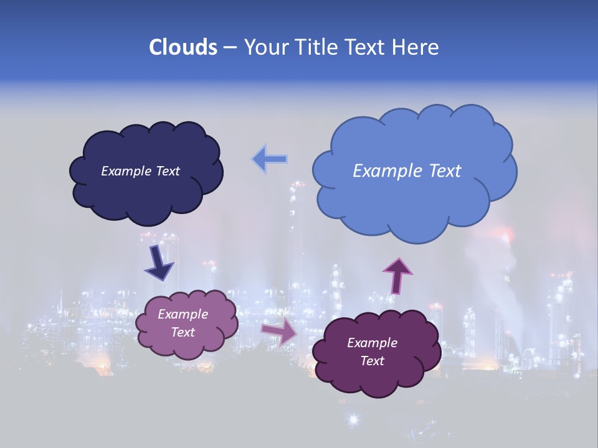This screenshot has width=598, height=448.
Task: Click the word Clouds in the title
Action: [183, 47]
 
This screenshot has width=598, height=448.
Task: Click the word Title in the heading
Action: [316, 47]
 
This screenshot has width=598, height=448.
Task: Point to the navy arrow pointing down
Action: [159, 263]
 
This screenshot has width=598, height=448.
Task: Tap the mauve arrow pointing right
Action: [278, 331]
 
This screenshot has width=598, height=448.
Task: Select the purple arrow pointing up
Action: [397, 276]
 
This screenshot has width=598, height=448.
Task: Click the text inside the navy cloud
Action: [141, 171]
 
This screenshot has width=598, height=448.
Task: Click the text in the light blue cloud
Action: [407, 171]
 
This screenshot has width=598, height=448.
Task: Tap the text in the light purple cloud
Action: [183, 324]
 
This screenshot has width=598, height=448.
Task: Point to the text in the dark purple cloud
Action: [372, 352]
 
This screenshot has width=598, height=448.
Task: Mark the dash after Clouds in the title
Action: [229, 48]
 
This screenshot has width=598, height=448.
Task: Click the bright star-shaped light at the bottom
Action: [353, 419]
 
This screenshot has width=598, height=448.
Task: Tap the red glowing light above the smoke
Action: [505, 235]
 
